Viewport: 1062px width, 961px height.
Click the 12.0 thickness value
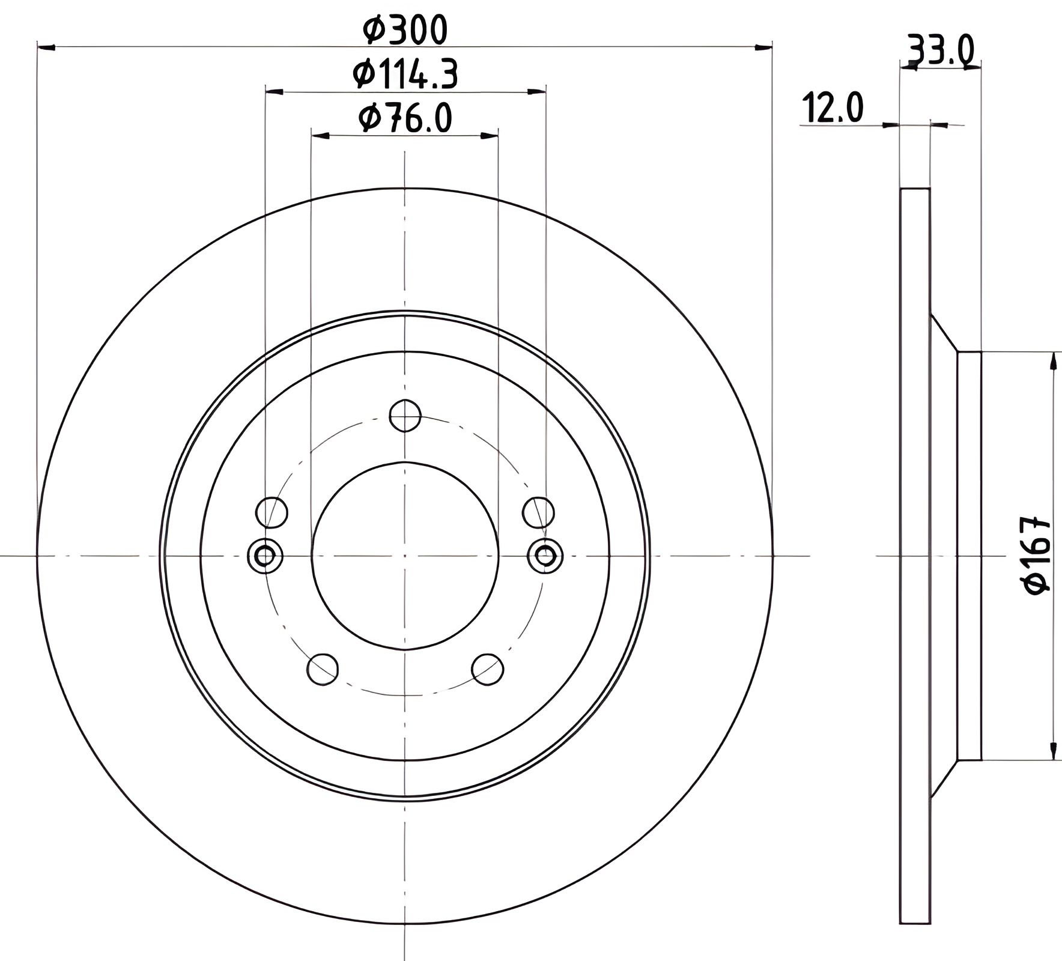(x=833, y=108)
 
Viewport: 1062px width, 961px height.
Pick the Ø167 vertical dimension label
(x=1038, y=555)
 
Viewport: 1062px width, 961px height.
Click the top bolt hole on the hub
(x=405, y=415)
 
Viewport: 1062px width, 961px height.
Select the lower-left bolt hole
(x=323, y=670)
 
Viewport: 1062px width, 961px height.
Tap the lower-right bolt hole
(x=487, y=670)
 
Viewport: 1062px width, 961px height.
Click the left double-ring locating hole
(x=265, y=556)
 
